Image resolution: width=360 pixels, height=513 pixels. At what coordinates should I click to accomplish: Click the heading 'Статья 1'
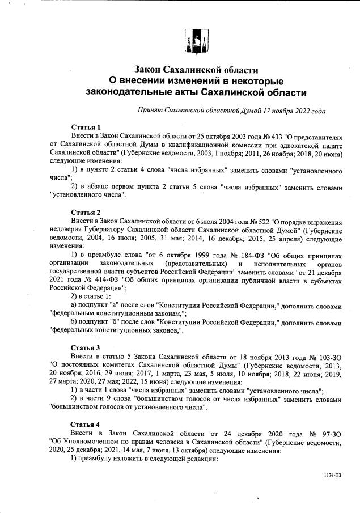coord(86,126)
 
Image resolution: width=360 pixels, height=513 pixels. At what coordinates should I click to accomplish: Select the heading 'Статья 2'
coord(86,212)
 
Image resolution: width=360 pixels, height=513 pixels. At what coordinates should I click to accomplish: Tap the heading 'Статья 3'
coord(86,347)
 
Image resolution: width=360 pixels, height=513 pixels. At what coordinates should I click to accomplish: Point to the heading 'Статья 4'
coord(86,424)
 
